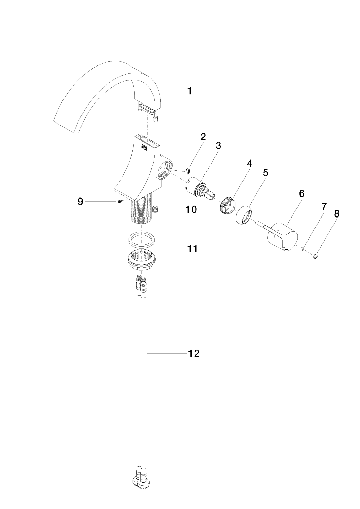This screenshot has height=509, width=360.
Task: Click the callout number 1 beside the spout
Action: click(x=189, y=91)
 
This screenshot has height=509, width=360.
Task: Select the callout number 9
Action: click(x=80, y=202)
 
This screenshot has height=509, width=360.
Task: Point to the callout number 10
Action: click(x=191, y=209)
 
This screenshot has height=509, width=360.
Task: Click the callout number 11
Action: click(x=192, y=249)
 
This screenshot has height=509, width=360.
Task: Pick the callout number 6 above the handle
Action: click(x=302, y=194)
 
